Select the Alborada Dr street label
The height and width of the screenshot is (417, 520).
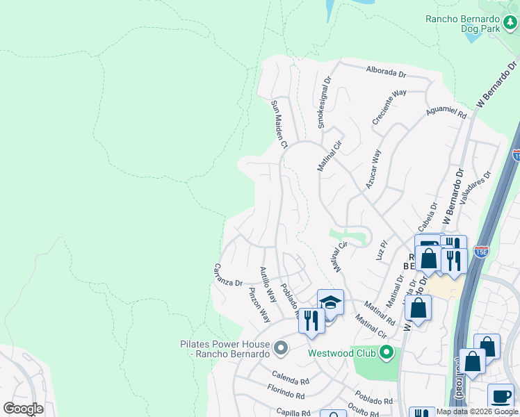(386, 72)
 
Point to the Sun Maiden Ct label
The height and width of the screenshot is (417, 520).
(279, 124)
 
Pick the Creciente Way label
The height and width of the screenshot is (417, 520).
(389, 106)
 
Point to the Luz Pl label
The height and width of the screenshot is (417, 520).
(380, 252)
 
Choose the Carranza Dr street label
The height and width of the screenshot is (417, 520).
(227, 275)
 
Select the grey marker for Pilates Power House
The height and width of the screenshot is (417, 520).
(280, 346)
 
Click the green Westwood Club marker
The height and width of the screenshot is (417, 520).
(387, 353)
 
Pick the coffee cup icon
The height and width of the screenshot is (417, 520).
(501, 396)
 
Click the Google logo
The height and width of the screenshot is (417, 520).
(24, 409)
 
